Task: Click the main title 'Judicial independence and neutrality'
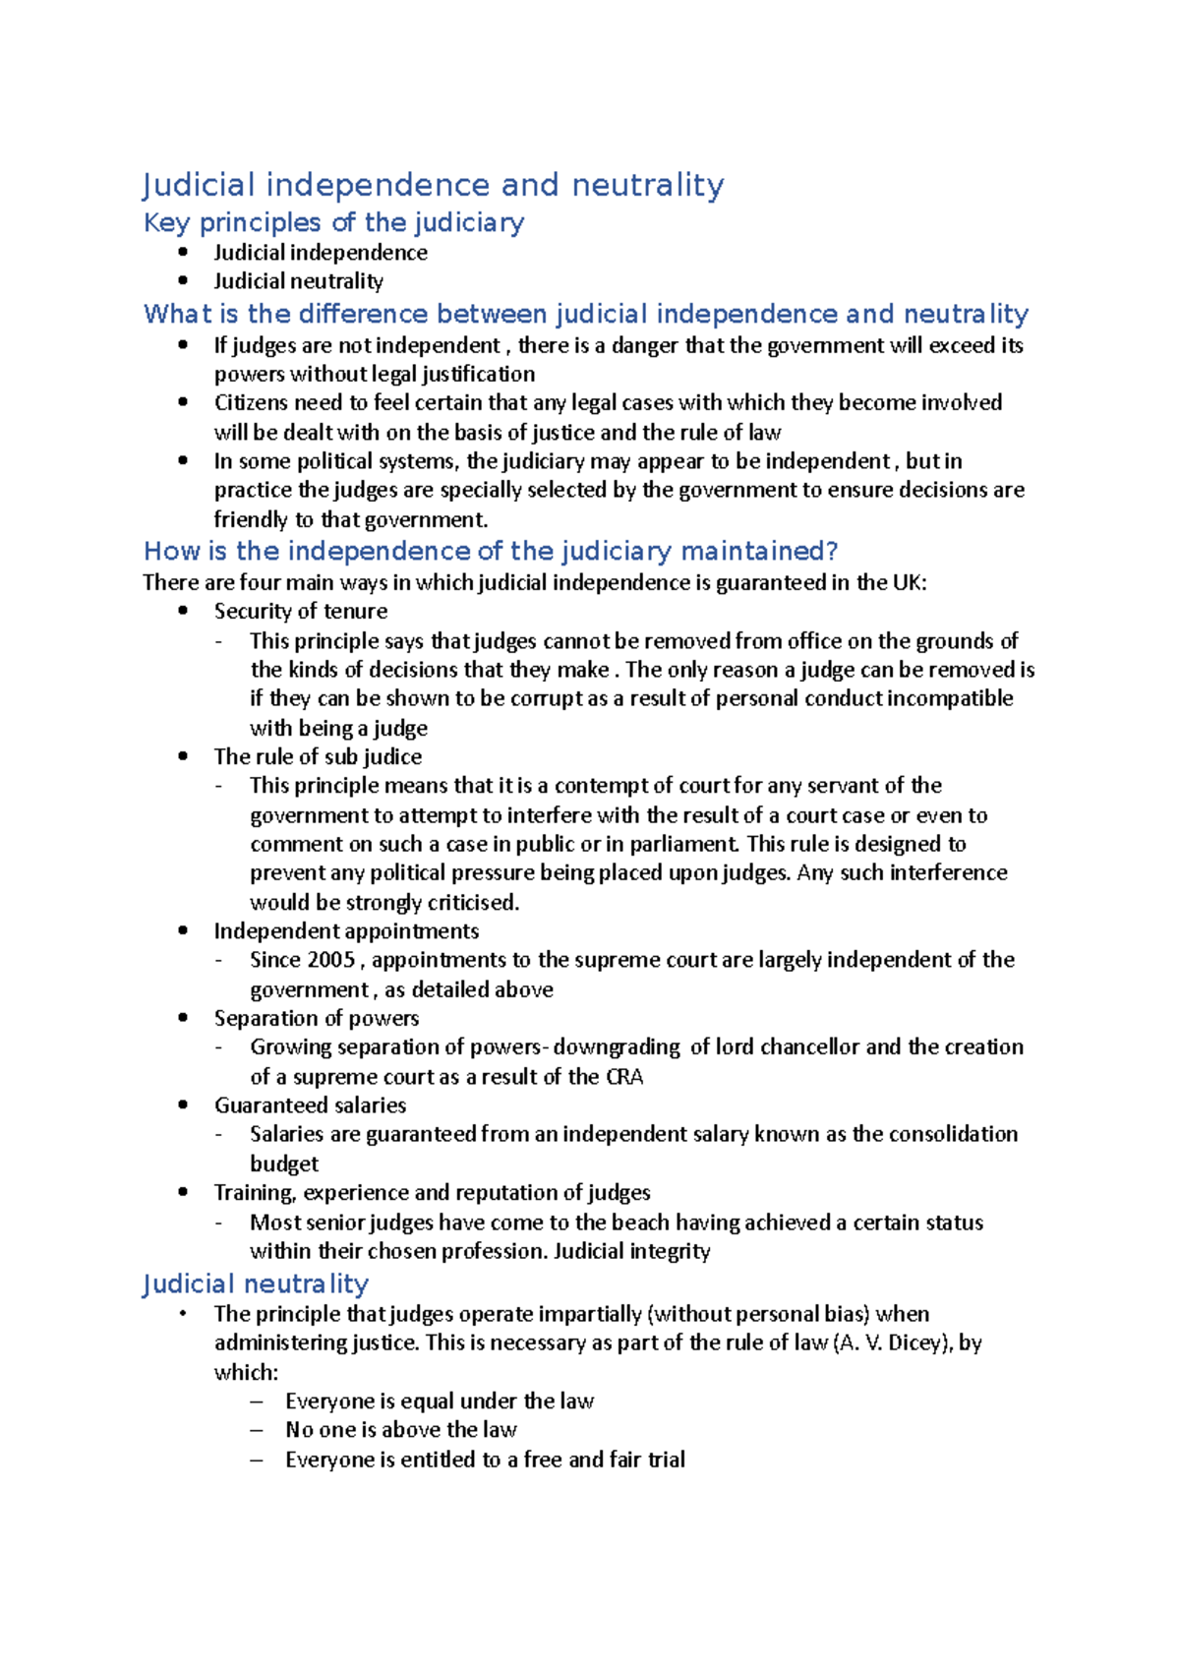point(433,185)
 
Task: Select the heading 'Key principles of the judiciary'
point(333,222)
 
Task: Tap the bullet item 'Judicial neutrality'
point(298,281)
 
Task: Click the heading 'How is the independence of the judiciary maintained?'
point(490,551)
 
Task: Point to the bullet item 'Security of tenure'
point(300,612)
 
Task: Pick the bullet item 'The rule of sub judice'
point(318,757)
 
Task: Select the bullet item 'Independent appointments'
point(346,931)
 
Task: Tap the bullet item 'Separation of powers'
point(316,1019)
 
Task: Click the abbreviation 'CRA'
point(624,1077)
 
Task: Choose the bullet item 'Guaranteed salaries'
point(310,1105)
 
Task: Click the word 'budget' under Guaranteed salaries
point(284,1164)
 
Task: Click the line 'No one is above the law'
point(400,1430)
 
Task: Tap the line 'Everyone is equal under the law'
point(439,1402)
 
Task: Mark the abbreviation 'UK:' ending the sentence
point(909,582)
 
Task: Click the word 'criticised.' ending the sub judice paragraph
point(472,903)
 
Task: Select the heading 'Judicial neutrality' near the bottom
point(256,1284)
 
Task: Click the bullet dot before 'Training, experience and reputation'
point(183,1192)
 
